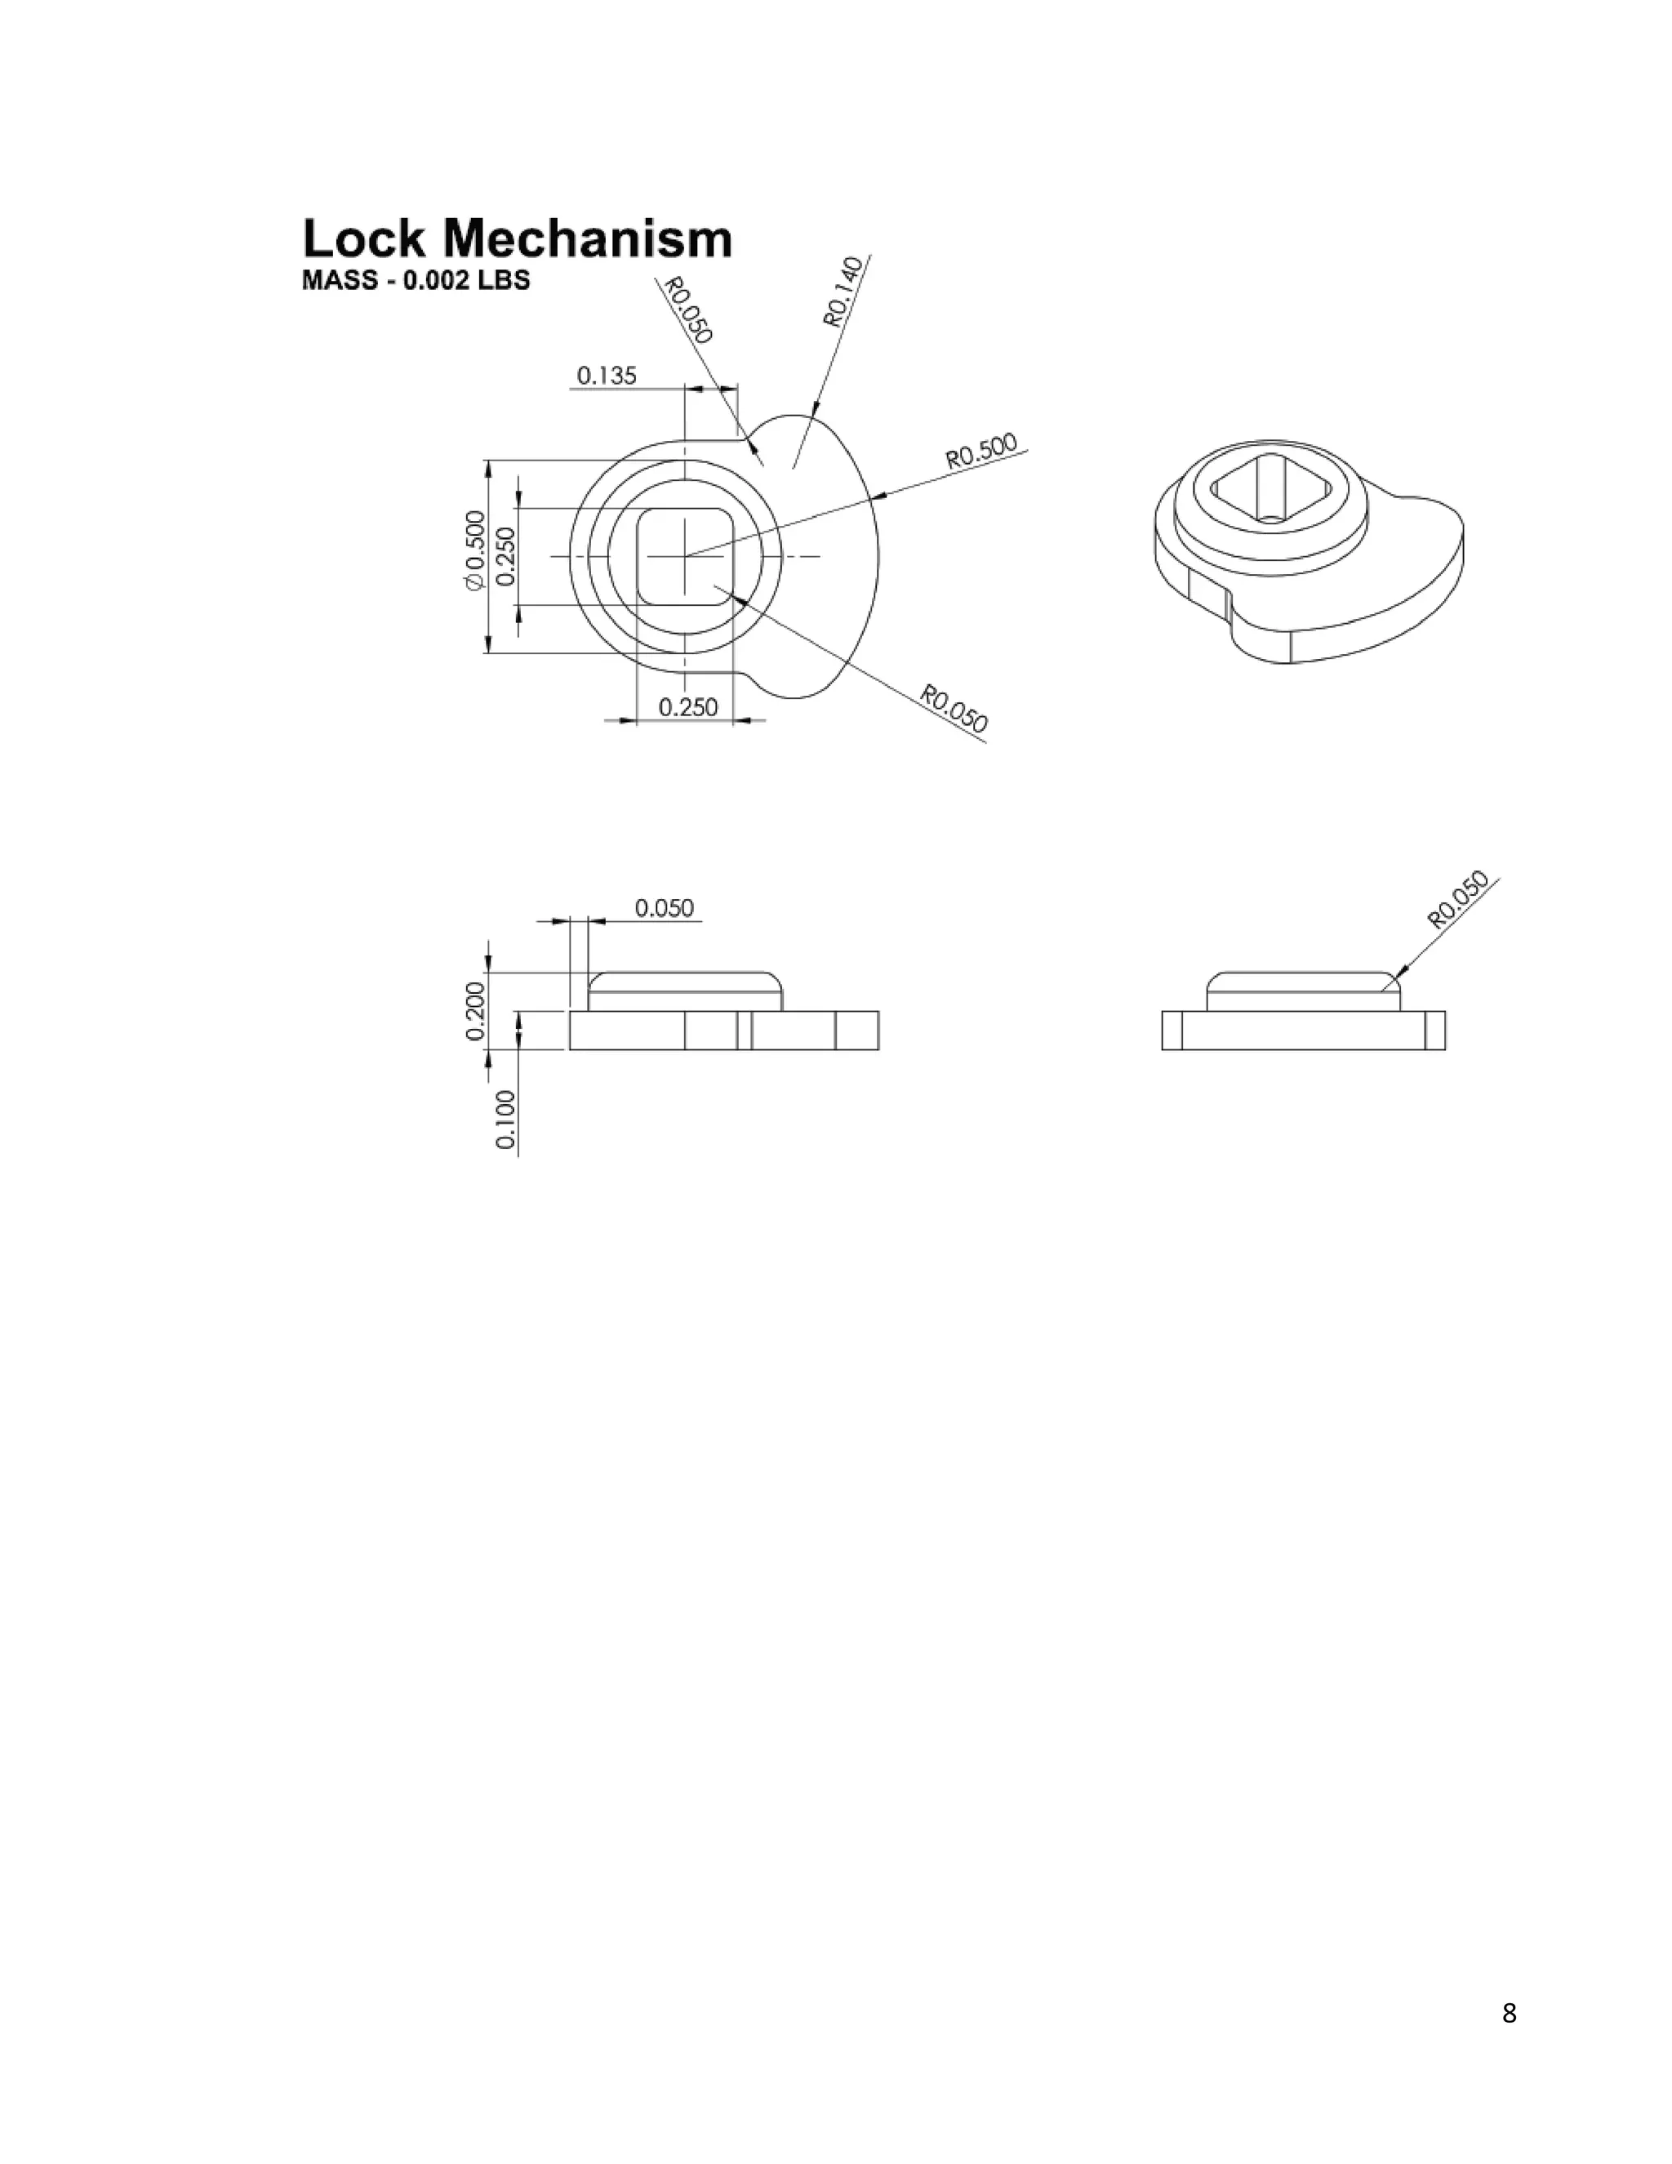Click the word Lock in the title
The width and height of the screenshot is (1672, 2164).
pos(363,240)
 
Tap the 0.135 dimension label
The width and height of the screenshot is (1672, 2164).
pos(607,376)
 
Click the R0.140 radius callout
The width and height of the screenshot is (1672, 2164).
pos(843,292)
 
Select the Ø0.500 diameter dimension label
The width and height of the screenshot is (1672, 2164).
pos(475,551)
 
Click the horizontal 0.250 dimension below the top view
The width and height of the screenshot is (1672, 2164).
pos(687,707)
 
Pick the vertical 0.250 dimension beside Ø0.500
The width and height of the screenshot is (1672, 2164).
pos(505,556)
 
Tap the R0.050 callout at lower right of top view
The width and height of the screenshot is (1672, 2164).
pos(954,710)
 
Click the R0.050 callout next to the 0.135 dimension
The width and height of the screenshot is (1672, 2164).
pos(687,310)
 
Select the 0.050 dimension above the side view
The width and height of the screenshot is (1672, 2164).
pos(664,907)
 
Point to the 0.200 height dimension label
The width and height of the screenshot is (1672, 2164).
pos(475,1011)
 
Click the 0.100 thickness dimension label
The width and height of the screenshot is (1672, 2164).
pos(505,1120)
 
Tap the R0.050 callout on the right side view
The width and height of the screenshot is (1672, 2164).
pos(1457,899)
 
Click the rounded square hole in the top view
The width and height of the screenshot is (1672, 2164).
pos(684,556)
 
